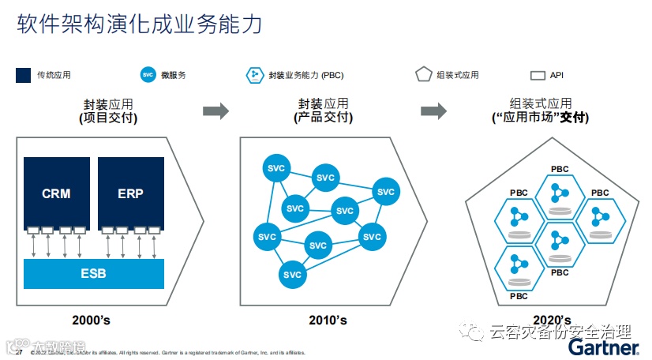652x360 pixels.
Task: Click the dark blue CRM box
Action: coord(56,193)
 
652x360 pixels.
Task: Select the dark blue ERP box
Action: coord(130,193)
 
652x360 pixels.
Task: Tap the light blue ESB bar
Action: coord(94,274)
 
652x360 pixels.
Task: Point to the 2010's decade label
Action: coord(328,320)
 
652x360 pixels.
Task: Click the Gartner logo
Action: coord(603,347)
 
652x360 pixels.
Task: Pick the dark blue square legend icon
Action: coord(24,75)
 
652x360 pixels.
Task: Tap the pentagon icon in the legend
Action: coord(424,75)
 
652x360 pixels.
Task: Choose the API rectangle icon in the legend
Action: coord(538,76)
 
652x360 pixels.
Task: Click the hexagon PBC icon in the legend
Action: coord(255,75)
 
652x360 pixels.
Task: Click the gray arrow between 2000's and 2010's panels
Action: coord(215,111)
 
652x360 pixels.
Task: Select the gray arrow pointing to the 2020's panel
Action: coord(433,111)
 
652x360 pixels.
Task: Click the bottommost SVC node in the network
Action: coord(292,275)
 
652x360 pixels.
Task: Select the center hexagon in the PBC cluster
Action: coord(560,241)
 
